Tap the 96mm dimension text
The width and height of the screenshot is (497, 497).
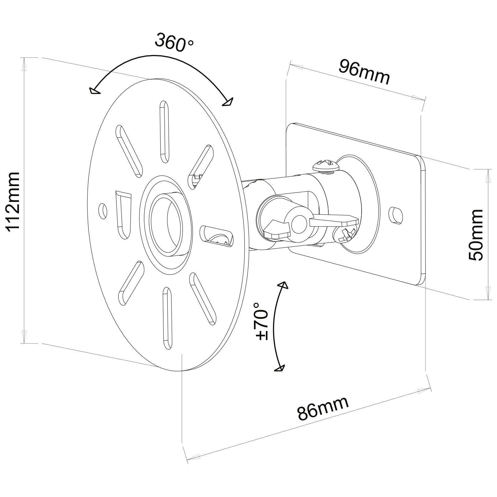(x=364, y=72)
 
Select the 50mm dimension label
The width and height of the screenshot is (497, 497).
(x=475, y=235)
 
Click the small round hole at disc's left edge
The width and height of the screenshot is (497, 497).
(x=103, y=211)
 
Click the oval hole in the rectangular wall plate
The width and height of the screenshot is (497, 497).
(x=396, y=215)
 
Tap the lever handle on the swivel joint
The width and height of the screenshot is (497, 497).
(x=334, y=221)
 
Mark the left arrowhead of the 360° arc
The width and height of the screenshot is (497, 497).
(x=94, y=91)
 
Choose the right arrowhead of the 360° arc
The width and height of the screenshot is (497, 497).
(x=228, y=102)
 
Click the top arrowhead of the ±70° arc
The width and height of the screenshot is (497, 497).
(x=283, y=285)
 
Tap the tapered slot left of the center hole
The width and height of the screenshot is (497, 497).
(x=123, y=214)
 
